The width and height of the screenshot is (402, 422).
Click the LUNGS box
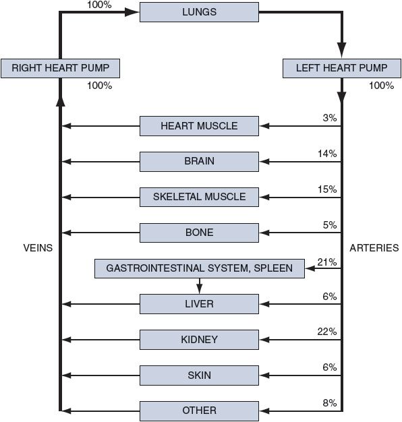[199, 12]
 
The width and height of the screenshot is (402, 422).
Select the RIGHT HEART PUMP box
[60, 68]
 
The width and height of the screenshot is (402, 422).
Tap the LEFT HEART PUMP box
[342, 68]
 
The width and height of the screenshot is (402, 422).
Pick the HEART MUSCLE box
[199, 126]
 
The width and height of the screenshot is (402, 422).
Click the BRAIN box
[199, 162]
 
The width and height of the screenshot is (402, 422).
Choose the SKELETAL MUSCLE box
[199, 197]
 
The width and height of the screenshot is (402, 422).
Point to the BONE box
[199, 233]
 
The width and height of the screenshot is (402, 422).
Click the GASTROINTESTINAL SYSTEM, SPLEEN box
[200, 268]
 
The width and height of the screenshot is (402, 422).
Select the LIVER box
[199, 304]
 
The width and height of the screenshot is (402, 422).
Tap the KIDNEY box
[199, 340]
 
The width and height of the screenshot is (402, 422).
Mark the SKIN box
[199, 375]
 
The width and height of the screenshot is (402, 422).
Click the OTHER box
[199, 411]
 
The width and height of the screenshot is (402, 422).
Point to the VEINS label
[38, 248]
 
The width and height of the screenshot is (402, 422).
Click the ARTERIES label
[374, 248]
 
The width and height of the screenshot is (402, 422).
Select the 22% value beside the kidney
[327, 332]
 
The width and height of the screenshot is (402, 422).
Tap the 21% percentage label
[327, 262]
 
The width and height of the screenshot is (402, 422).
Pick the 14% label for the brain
[327, 154]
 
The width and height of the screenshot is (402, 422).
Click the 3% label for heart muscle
[330, 118]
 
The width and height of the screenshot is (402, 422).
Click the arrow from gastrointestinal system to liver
[199, 286]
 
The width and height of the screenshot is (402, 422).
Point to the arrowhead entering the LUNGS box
[132, 12]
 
